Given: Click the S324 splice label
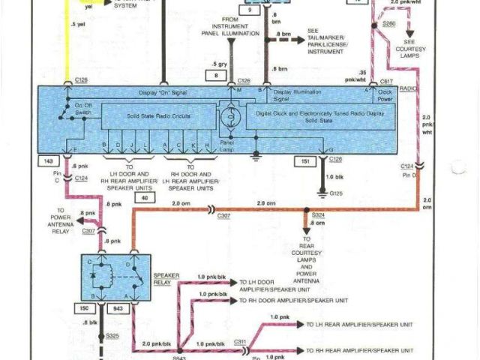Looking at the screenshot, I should click(x=319, y=216).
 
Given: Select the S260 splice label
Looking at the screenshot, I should click(x=388, y=24).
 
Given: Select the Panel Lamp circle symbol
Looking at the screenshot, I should click(x=226, y=118).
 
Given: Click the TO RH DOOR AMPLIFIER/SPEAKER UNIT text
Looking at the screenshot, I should click(x=292, y=300).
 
